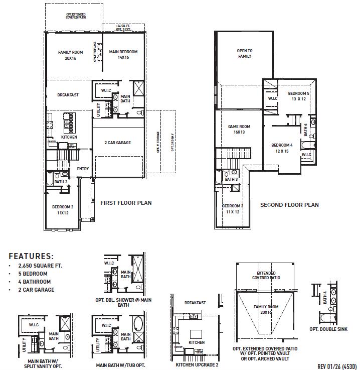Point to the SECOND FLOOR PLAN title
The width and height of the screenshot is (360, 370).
[x=289, y=205]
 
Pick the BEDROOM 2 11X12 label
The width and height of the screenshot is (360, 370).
[x=63, y=210]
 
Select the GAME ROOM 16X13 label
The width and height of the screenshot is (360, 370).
[x=239, y=130]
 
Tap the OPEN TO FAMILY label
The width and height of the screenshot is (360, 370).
[x=244, y=53]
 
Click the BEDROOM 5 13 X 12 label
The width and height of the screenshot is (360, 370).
[x=298, y=96]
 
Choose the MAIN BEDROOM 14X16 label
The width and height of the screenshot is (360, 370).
[x=124, y=55]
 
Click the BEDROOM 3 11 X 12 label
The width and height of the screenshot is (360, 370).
[x=233, y=209]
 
